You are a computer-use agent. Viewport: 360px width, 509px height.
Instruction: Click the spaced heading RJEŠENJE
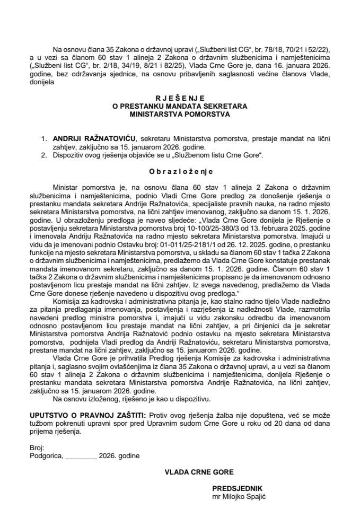click(180, 98)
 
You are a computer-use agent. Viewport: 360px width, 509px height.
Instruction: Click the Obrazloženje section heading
click(180, 172)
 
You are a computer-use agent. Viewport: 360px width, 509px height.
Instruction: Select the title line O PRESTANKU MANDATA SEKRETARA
click(180, 106)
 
